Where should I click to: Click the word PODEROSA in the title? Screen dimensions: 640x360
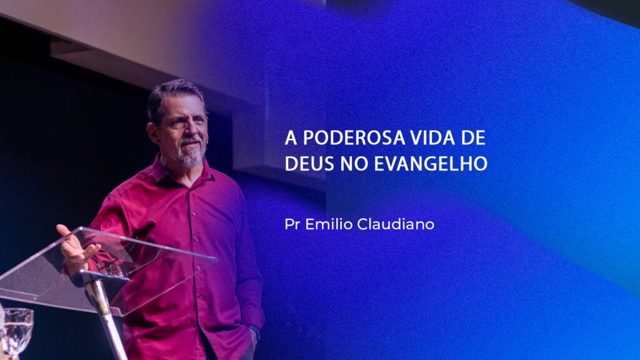(354, 138)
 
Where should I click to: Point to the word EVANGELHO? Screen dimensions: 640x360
(431, 164)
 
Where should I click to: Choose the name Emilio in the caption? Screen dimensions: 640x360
(329, 224)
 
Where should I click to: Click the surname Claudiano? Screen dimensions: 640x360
(396, 224)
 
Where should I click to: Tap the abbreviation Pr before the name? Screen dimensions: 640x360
(292, 224)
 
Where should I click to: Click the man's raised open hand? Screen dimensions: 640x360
(76, 247)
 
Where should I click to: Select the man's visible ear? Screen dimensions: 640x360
(154, 132)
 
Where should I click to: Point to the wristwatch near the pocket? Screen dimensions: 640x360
(254, 331)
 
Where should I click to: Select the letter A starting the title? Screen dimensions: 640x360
(291, 138)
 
